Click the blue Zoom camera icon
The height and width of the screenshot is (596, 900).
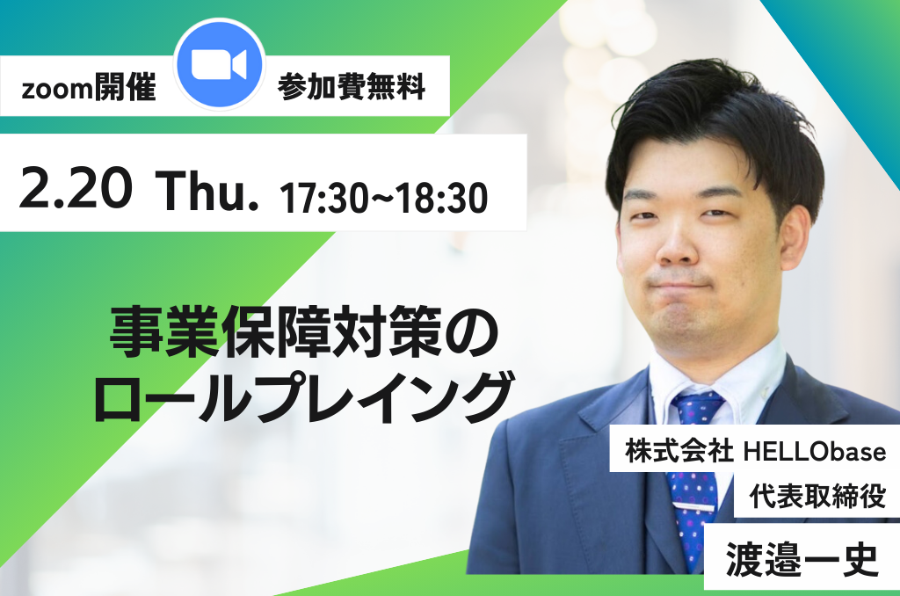point(219,64)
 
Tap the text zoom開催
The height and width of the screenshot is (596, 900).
point(89,89)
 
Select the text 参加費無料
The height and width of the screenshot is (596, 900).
point(352,88)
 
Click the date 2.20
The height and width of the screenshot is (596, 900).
point(76,188)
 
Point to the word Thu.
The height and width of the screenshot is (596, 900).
point(207,190)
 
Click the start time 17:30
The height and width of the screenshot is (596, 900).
point(323,199)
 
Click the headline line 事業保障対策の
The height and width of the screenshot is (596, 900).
point(304,332)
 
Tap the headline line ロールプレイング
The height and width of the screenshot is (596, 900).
point(303,396)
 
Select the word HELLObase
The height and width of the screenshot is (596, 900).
point(815,452)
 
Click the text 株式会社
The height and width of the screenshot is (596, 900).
point(679,451)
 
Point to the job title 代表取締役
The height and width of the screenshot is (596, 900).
point(817,496)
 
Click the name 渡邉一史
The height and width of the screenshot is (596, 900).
point(802,559)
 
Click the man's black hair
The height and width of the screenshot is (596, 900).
point(717,127)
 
